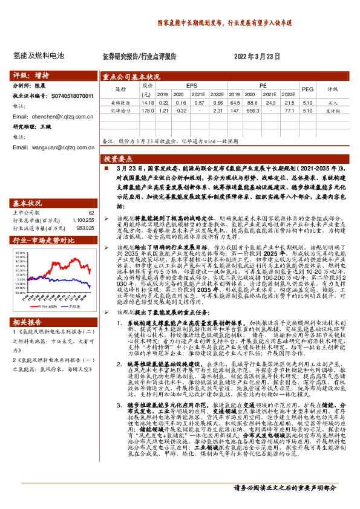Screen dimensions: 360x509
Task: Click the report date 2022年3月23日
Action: click(x=257, y=56)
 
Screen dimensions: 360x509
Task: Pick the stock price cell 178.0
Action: click(x=145, y=111)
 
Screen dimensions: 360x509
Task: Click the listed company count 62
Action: click(x=91, y=213)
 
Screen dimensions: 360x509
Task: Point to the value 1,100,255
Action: click(x=83, y=221)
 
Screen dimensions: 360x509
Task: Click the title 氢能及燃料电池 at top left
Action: click(x=38, y=56)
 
